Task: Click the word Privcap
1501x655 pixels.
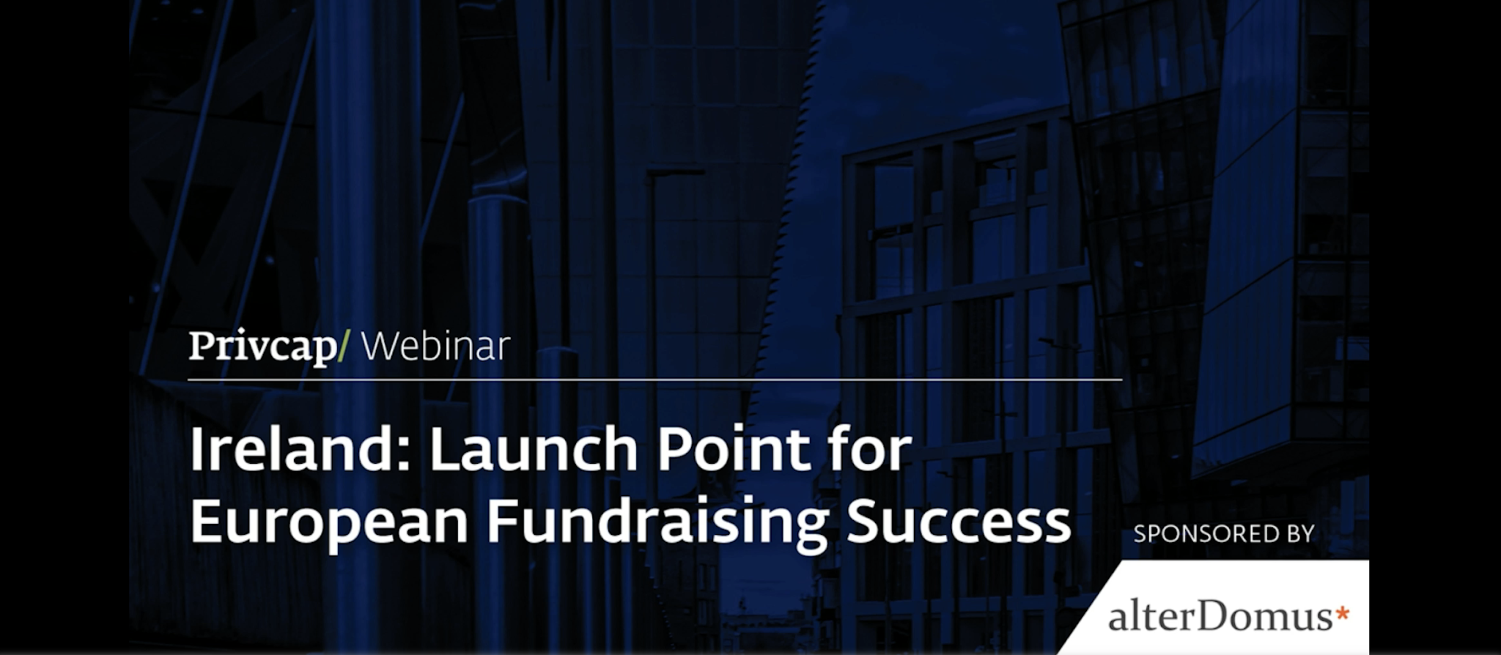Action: pos(262,347)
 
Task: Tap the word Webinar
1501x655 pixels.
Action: pos(436,346)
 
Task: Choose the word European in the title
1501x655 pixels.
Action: pos(329,523)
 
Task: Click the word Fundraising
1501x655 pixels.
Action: pos(657,523)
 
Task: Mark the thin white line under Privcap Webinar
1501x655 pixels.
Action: pos(655,380)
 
